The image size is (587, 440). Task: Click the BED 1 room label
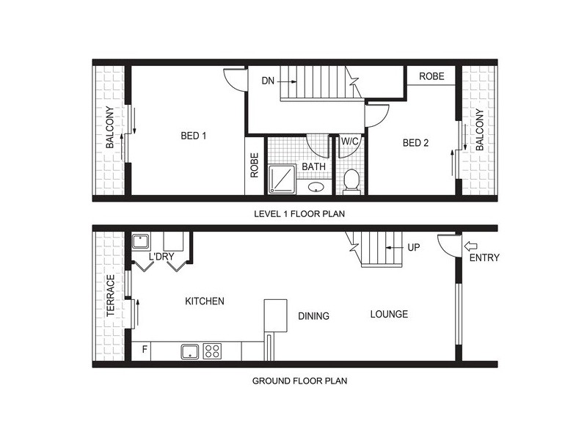[194, 135]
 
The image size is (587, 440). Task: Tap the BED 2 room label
[415, 143]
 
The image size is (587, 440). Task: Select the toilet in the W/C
[351, 181]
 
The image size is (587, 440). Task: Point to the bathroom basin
[316, 187]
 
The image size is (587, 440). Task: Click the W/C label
[349, 142]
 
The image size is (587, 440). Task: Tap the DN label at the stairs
[268, 81]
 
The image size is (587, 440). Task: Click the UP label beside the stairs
[413, 248]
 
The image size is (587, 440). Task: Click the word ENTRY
[484, 258]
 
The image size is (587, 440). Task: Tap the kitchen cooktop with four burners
[213, 351]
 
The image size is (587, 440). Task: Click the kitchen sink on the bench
[190, 351]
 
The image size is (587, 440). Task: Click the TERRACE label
[111, 296]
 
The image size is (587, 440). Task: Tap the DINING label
[313, 316]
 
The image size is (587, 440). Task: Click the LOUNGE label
[389, 315]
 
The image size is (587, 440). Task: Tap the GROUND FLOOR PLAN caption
[299, 381]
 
